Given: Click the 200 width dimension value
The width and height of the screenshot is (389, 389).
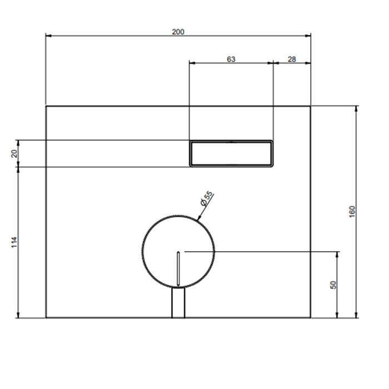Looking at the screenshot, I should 178,32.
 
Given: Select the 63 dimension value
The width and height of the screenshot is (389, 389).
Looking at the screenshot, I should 231,59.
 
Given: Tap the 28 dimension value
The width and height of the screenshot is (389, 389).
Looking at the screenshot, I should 291,59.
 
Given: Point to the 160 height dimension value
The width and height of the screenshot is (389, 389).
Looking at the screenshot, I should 352,212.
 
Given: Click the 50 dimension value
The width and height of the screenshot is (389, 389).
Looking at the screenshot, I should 333,285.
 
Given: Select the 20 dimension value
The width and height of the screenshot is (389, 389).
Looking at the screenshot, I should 15,153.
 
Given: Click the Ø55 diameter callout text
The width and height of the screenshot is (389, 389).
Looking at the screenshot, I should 206,199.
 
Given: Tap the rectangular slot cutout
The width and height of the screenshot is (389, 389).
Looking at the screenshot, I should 231,153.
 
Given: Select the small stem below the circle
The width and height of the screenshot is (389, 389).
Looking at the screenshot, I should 178,302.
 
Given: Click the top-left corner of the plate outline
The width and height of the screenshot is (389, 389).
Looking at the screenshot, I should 46,106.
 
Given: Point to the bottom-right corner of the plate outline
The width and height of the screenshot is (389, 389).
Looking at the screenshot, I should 311,318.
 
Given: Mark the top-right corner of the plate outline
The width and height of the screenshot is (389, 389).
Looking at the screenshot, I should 311,106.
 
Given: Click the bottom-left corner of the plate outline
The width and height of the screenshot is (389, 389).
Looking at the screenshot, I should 46,318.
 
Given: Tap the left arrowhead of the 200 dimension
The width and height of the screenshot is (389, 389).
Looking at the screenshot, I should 48,36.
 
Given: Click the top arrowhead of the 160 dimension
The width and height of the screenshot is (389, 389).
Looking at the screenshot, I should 356,108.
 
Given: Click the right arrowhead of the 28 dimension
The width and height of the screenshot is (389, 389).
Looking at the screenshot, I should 308,63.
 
